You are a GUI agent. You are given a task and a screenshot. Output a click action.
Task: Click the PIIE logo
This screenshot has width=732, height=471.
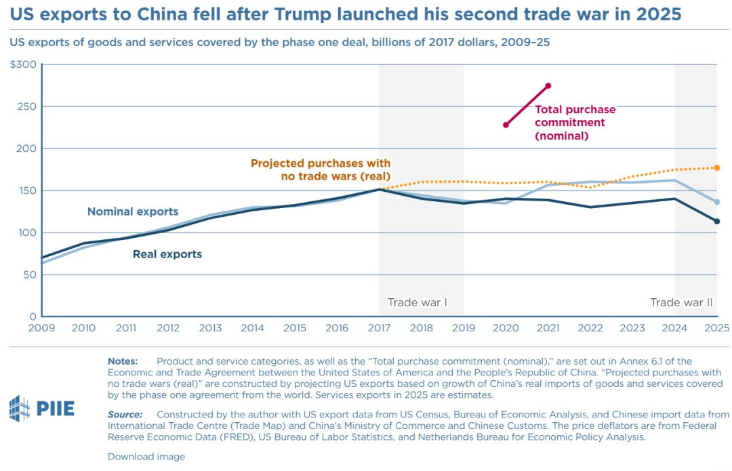click(41, 408)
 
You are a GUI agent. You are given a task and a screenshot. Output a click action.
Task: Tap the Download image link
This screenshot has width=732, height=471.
click(146, 457)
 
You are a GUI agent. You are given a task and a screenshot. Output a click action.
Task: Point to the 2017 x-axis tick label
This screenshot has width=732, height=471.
click(379, 328)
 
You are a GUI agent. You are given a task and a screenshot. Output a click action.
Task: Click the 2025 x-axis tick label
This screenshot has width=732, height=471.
click(716, 328)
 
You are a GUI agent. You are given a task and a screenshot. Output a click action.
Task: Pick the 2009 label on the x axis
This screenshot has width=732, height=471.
click(42, 328)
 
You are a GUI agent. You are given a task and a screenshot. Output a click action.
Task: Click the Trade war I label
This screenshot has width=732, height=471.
click(417, 302)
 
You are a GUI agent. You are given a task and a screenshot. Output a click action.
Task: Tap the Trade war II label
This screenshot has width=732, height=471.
click(681, 302)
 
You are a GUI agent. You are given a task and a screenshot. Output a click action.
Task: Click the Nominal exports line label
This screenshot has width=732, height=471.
click(133, 211)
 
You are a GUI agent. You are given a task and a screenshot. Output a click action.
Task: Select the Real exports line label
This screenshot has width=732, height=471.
click(167, 254)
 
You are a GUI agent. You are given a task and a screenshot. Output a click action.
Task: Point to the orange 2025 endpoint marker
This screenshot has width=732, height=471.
click(716, 167)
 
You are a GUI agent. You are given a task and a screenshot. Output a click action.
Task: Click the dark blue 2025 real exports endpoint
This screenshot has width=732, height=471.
click(716, 221)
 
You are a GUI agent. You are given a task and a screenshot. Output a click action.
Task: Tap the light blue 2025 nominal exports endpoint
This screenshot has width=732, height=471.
click(716, 202)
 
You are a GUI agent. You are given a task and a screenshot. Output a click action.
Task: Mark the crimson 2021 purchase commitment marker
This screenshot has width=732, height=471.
click(548, 85)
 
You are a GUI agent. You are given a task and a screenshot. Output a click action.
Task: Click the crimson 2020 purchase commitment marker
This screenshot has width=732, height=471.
click(506, 125)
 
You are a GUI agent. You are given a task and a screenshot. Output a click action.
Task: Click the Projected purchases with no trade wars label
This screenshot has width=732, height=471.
click(321, 169)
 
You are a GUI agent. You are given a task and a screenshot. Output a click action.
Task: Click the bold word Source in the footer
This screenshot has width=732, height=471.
click(125, 414)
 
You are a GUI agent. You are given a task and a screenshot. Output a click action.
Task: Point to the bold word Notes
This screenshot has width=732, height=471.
click(123, 361)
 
